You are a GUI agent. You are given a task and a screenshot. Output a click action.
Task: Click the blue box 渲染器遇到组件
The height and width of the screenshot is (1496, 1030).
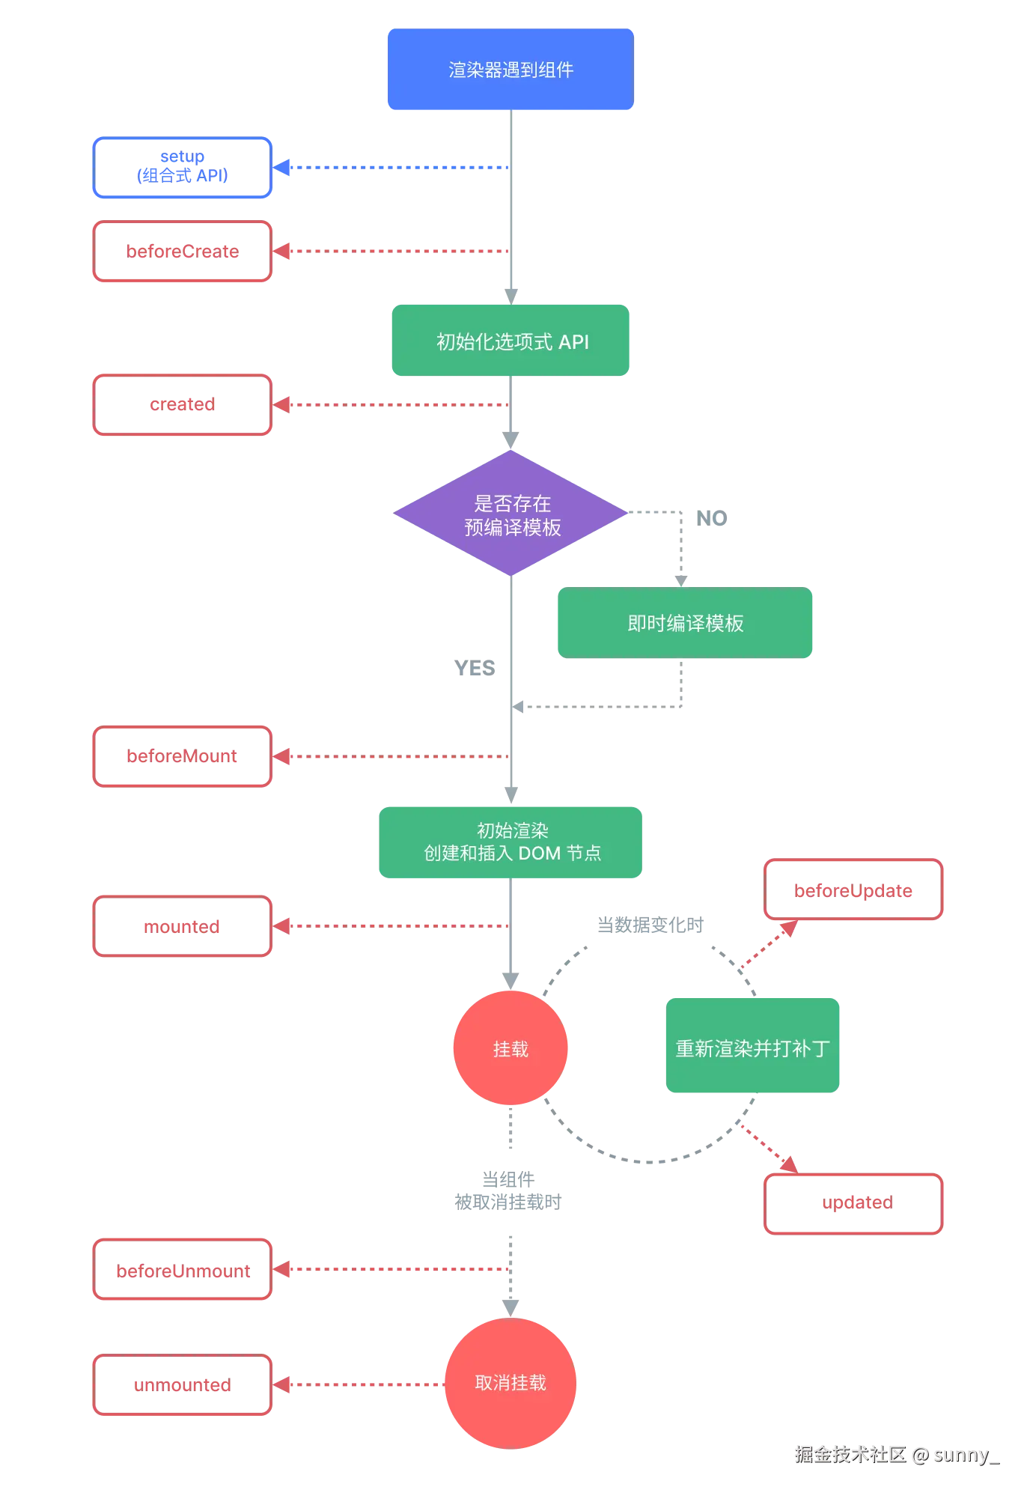coord(511,70)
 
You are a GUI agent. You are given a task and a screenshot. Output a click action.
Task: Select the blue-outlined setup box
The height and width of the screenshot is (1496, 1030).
coord(182,167)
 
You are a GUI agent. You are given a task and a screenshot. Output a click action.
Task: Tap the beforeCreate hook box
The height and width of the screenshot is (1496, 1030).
coord(182,252)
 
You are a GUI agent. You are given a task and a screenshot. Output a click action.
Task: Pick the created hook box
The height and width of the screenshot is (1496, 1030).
coord(182,405)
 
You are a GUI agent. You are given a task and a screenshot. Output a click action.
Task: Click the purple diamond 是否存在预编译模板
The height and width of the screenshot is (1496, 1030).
coord(511,514)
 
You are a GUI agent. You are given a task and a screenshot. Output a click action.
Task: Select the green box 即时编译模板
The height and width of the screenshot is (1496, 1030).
coord(685,623)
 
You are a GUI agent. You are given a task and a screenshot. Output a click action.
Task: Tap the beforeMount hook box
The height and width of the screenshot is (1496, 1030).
coord(182,757)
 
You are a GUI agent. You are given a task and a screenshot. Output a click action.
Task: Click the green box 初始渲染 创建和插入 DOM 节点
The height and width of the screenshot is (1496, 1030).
coord(511,842)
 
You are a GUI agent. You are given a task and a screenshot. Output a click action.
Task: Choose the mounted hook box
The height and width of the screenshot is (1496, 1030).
coord(182,926)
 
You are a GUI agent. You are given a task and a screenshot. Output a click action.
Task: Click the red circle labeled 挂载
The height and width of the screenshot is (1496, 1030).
coord(511,1048)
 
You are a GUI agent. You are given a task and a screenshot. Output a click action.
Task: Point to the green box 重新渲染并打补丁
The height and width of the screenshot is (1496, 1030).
coord(753,1047)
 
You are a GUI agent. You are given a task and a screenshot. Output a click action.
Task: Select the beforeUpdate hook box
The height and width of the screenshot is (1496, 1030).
coord(853,890)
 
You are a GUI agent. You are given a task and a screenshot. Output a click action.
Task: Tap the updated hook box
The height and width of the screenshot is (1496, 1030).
coord(853,1203)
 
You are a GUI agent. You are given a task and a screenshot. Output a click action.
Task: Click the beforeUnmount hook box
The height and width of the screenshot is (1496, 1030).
coord(182,1270)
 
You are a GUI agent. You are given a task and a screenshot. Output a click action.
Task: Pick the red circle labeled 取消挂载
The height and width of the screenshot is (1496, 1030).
coord(511,1382)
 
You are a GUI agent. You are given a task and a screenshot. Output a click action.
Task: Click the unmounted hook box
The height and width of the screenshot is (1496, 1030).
coord(182,1385)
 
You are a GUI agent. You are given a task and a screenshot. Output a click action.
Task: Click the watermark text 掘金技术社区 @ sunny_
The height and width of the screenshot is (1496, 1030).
coord(895,1454)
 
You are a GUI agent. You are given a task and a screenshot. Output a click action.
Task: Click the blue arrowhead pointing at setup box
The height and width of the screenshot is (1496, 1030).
coord(283,167)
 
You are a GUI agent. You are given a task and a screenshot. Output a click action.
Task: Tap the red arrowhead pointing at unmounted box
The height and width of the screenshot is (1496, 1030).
coord(283,1385)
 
